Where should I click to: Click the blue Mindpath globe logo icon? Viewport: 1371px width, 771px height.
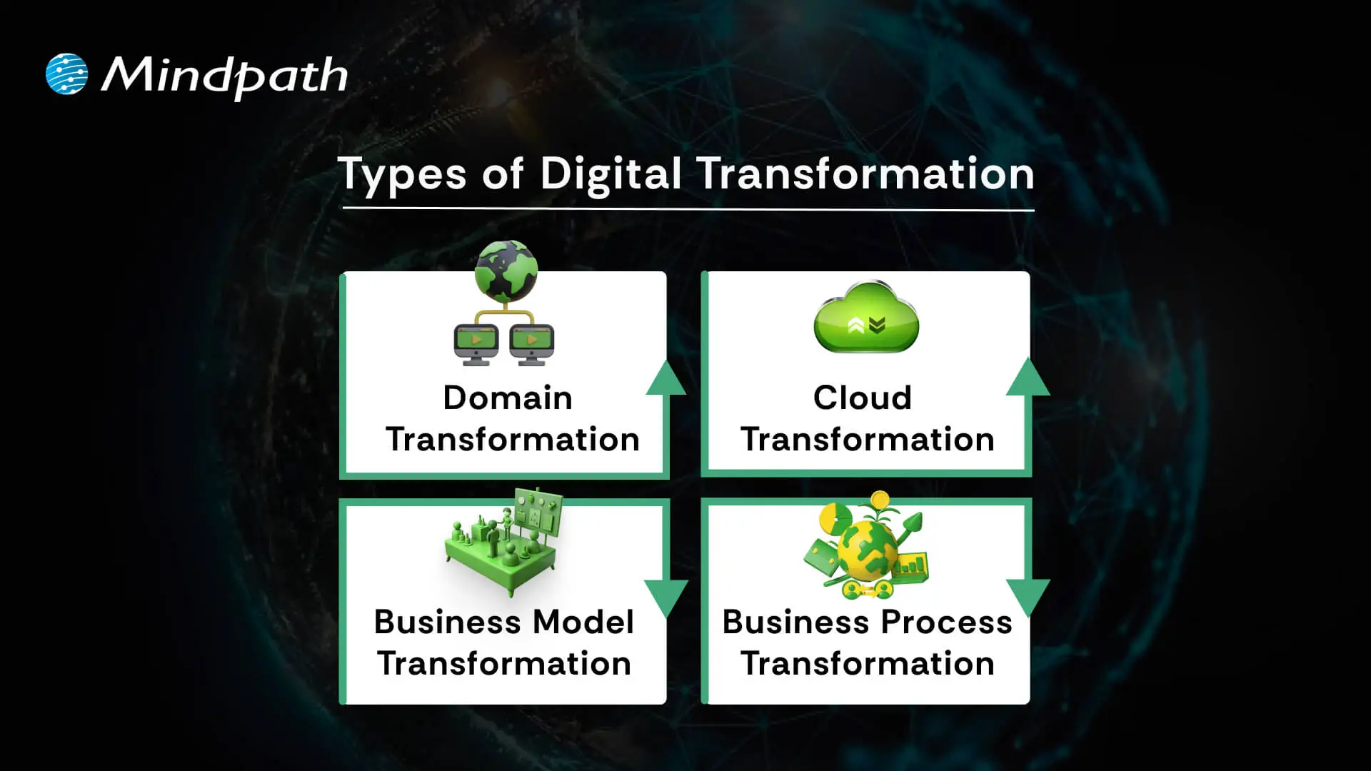[66, 74]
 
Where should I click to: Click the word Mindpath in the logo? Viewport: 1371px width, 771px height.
[224, 76]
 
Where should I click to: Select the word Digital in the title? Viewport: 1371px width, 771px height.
[611, 174]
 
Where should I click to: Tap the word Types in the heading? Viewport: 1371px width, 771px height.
[402, 174]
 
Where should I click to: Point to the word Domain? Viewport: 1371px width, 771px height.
[508, 398]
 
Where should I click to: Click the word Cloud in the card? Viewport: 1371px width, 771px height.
[863, 398]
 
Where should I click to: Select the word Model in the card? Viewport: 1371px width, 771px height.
[583, 622]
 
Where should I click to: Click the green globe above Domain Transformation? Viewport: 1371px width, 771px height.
[506, 271]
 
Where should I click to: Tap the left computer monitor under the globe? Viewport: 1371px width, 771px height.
[476, 343]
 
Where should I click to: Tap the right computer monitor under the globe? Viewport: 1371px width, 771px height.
[532, 343]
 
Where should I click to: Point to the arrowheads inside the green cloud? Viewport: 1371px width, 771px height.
[867, 326]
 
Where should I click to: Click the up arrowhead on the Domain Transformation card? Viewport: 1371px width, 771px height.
[666, 379]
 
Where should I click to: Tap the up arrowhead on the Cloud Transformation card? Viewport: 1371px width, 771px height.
[1028, 378]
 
